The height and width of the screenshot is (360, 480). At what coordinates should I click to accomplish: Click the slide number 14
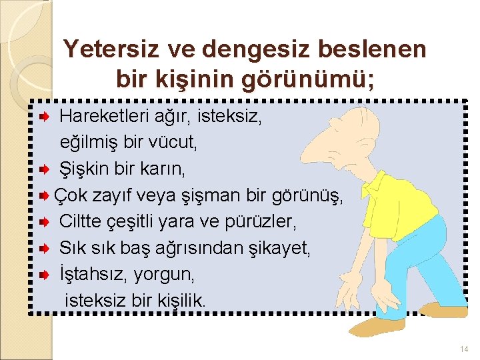pos(464,349)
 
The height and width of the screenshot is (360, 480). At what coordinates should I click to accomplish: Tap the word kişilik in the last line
pos(182,301)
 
